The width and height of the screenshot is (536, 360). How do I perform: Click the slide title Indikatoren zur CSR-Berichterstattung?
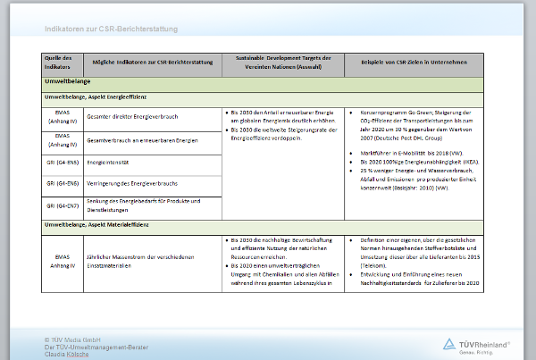click(x=112, y=29)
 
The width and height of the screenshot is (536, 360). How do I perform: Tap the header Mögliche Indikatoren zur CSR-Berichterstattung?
click(x=147, y=62)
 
